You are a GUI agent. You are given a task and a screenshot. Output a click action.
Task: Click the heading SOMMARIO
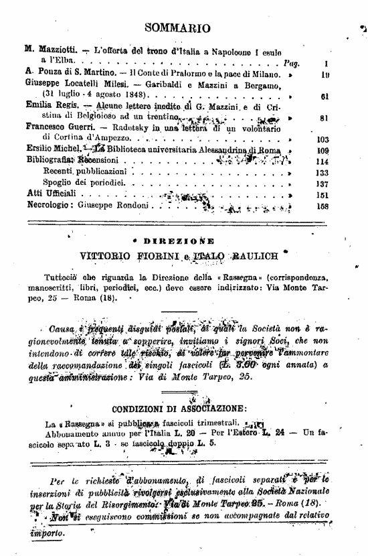(x=177, y=28)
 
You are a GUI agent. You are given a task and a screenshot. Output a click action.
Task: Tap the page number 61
(x=325, y=96)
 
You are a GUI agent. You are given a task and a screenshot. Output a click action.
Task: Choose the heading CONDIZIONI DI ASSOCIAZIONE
(x=178, y=409)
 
